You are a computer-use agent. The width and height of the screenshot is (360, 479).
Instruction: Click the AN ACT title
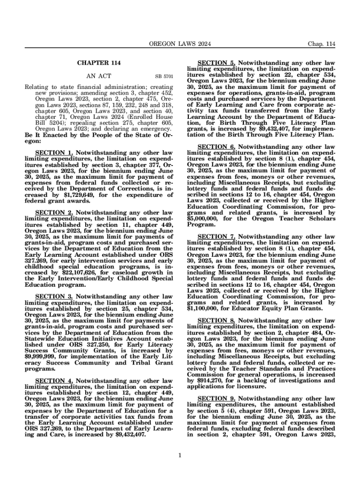99,75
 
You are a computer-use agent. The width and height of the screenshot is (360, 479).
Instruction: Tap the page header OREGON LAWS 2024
180,44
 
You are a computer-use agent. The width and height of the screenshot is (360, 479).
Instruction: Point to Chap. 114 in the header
321,44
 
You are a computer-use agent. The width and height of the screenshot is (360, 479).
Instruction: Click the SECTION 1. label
54,153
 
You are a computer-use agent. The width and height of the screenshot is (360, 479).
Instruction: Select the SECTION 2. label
54,212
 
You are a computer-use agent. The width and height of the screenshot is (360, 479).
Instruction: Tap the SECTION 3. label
54,296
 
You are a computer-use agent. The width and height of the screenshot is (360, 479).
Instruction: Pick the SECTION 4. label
54,381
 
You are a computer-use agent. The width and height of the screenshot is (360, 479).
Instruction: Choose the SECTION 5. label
216,62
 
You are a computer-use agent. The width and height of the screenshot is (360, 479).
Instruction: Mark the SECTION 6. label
216,147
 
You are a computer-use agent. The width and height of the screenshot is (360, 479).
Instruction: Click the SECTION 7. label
216,237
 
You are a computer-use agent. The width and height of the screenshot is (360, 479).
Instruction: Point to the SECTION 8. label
216,321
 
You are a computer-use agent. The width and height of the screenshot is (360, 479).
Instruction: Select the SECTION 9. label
216,398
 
